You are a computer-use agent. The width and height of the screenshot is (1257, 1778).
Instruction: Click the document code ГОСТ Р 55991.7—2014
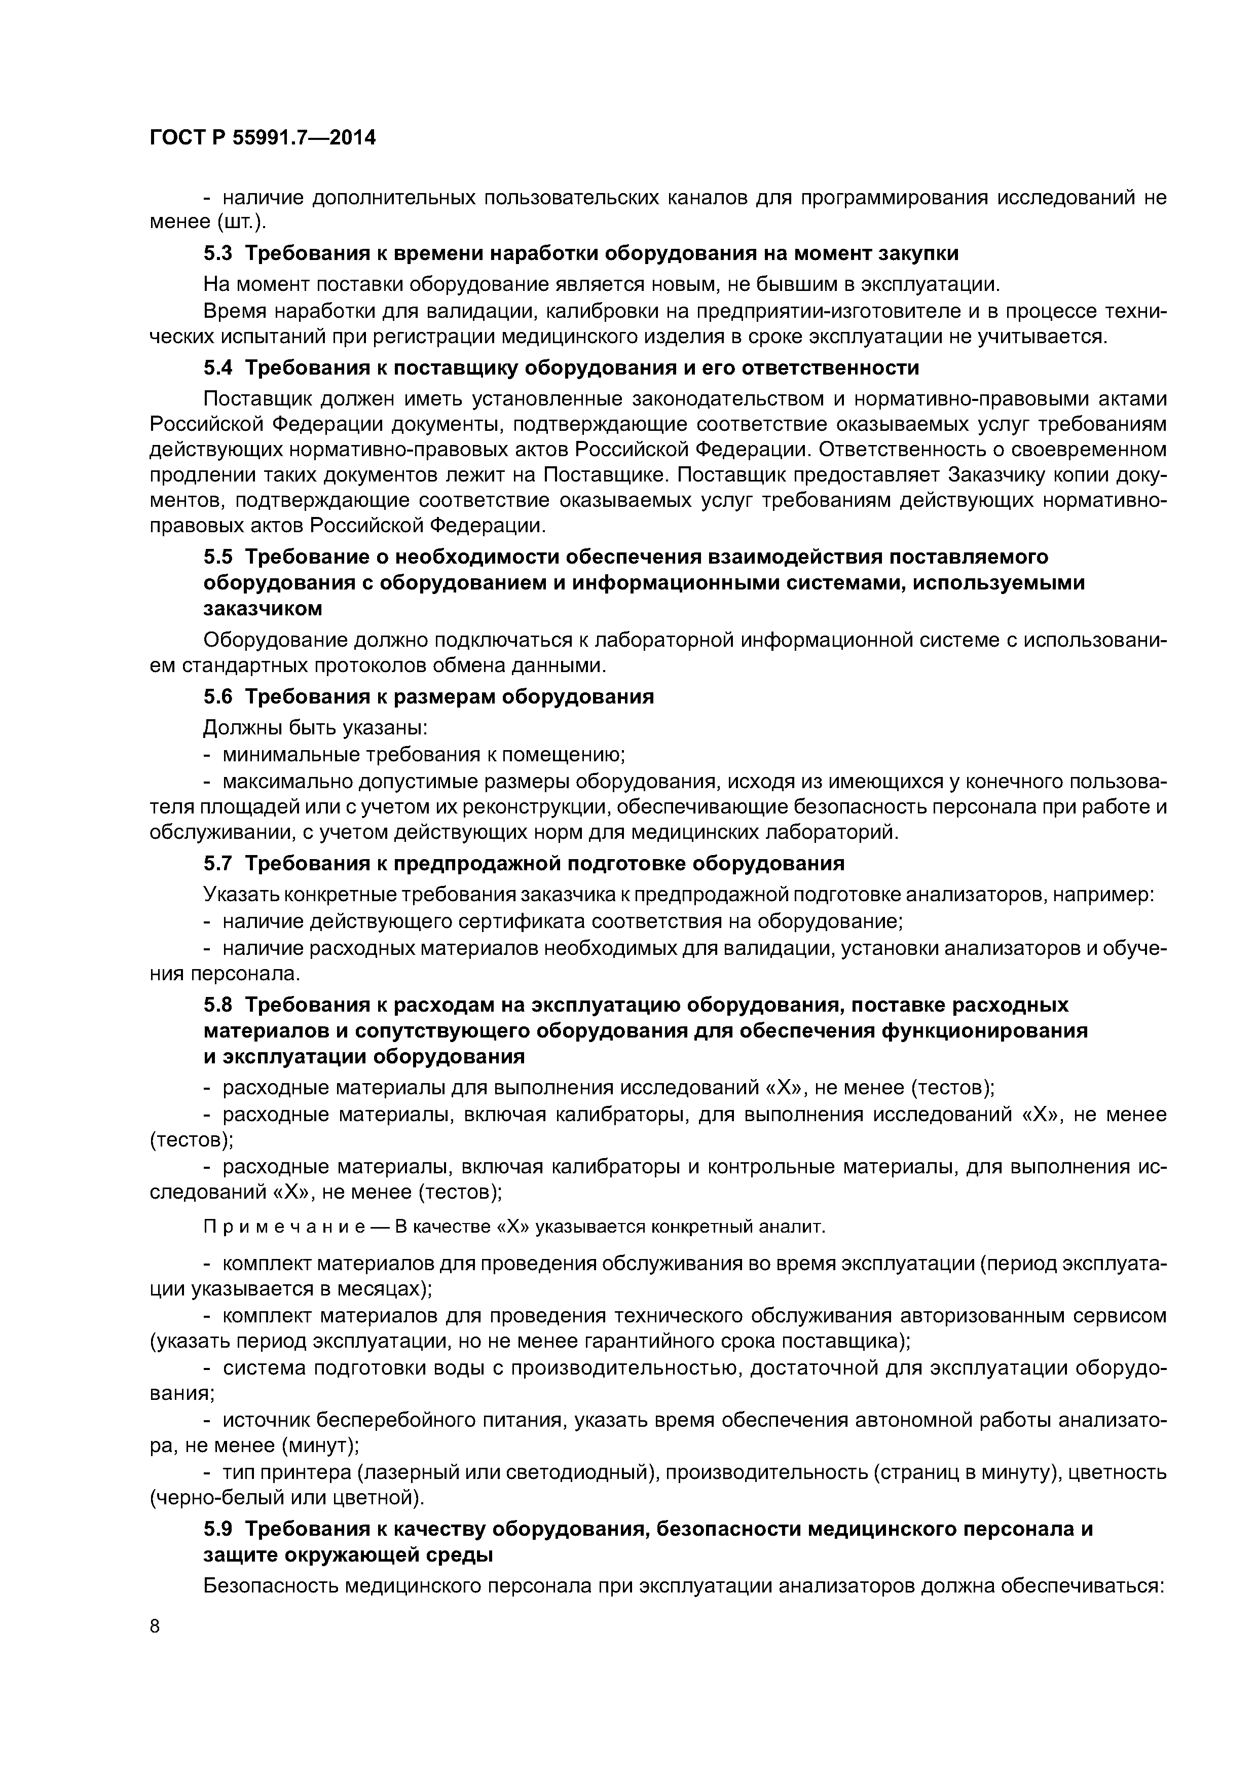click(263, 138)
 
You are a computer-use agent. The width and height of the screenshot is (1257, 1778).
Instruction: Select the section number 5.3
click(217, 253)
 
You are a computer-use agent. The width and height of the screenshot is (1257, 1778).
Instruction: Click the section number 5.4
click(217, 366)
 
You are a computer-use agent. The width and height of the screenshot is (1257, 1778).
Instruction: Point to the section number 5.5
click(217, 557)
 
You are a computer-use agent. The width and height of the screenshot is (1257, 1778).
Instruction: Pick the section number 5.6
click(217, 696)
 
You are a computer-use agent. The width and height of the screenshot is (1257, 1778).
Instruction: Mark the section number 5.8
click(217, 1005)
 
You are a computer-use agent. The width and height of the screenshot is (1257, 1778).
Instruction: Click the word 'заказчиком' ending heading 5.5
click(263, 609)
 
